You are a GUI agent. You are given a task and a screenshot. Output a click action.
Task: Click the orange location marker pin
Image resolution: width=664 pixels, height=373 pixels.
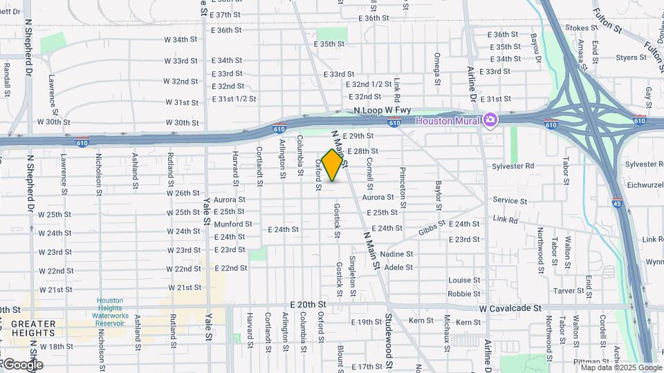point(333,164)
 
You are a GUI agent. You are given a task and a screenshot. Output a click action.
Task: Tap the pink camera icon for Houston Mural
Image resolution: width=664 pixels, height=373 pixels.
point(490,120)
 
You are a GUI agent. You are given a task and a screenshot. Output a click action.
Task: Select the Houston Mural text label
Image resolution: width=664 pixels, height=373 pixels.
point(448,121)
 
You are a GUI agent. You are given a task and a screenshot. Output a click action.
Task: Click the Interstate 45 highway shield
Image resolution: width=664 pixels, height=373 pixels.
point(617,202)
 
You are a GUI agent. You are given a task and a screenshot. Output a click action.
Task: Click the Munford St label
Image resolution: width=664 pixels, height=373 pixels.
point(233,224)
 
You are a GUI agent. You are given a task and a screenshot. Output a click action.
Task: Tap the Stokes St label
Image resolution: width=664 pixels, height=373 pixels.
point(580,28)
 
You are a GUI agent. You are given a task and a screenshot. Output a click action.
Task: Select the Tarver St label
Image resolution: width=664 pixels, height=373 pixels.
point(569,291)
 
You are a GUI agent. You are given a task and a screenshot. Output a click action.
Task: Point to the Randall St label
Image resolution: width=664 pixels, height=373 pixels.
point(6,79)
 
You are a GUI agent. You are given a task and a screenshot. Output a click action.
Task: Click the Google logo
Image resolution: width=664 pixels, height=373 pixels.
point(22,365)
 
